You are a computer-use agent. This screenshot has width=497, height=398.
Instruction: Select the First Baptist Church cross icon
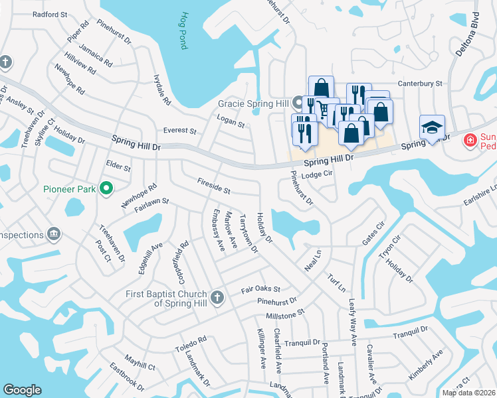tap(217, 298)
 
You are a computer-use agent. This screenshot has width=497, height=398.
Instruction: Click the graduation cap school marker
tap(431, 127)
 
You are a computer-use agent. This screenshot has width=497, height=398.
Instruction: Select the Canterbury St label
tap(420, 84)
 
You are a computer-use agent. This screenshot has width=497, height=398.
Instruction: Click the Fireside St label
tap(213, 186)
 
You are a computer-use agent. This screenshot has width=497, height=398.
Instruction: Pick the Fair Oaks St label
tap(261, 290)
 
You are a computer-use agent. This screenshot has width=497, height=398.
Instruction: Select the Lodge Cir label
tap(316, 174)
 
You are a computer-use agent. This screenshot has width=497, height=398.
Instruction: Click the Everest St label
tap(180, 131)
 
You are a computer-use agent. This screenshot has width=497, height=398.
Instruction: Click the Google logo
tap(22, 390)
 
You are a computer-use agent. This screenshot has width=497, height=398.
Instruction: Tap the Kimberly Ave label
tap(425, 365)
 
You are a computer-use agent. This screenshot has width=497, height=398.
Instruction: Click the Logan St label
tap(231, 120)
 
